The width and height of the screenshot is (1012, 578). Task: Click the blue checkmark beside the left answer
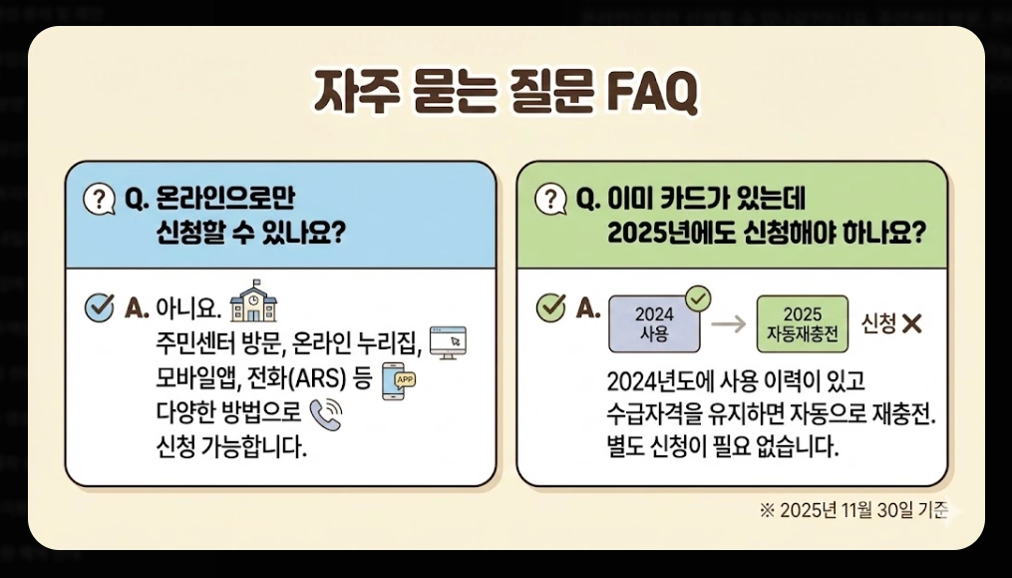pyautogui.click(x=100, y=307)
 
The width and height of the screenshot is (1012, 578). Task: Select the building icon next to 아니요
pyautogui.click(x=254, y=300)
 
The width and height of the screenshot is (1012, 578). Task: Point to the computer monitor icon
pyautogui.click(x=447, y=342)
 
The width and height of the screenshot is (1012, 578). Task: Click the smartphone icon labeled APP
pyautogui.click(x=398, y=386)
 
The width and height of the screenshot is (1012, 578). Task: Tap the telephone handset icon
pyautogui.click(x=325, y=415)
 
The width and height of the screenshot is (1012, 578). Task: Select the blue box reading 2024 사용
pyautogui.click(x=654, y=323)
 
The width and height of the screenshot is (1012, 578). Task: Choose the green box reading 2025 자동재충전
pyautogui.click(x=802, y=323)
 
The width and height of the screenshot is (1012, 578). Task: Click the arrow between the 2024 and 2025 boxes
pyautogui.click(x=729, y=324)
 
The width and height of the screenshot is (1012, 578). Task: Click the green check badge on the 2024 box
pyautogui.click(x=699, y=296)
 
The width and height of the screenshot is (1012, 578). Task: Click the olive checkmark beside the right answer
pyautogui.click(x=551, y=308)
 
